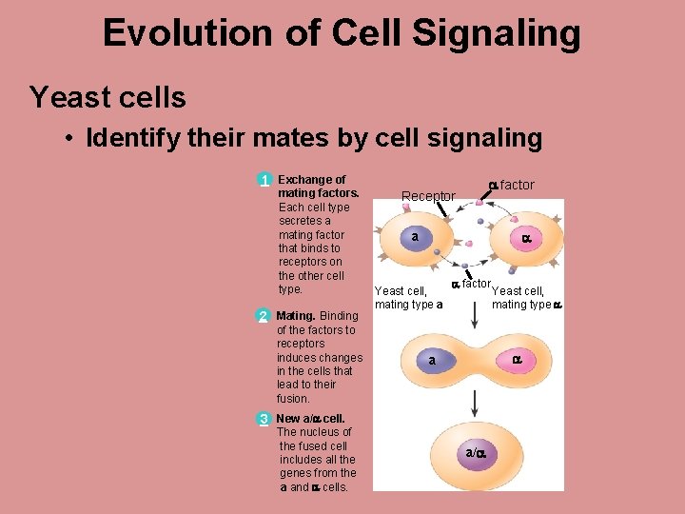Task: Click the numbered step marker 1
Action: [x=264, y=180]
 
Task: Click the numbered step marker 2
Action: [x=264, y=316]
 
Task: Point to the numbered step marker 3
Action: [x=264, y=419]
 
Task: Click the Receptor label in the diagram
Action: [x=428, y=197]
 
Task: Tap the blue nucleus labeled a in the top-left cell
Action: [x=416, y=237]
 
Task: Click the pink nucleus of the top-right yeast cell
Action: [x=524, y=240]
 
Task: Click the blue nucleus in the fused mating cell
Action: [x=433, y=361]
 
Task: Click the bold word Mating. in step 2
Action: [x=295, y=316]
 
